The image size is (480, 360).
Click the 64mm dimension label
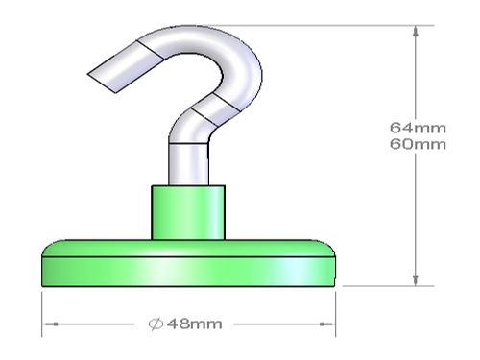(418, 128)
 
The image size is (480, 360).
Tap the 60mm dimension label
(418, 144)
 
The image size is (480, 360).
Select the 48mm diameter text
(195, 324)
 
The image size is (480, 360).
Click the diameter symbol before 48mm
(156, 324)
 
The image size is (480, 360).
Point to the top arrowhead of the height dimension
(416, 32)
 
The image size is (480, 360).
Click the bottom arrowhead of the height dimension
(416, 279)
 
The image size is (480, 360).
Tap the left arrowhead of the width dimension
(50, 324)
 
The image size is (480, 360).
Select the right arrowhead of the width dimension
(327, 324)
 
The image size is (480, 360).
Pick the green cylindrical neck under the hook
(188, 212)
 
